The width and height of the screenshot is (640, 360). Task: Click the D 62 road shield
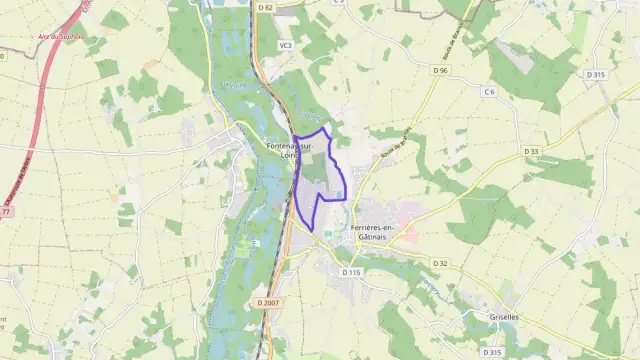point(264,8)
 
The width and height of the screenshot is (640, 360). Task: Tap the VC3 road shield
point(285,45)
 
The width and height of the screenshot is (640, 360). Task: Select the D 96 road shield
point(441,71)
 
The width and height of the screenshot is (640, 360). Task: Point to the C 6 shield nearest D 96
point(488,92)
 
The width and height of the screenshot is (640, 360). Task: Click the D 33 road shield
point(531,151)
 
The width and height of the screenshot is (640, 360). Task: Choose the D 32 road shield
point(440,263)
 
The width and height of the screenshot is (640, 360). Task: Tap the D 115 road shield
point(351,272)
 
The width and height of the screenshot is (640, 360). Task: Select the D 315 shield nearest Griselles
point(491,352)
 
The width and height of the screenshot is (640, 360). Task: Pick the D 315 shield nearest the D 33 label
point(597,75)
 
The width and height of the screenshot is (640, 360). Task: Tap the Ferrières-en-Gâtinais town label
point(374,232)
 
